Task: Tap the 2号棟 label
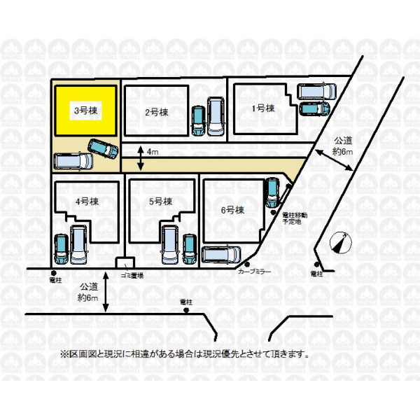tap(156, 112)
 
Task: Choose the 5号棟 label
tap(160, 201)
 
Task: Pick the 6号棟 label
tap(232, 209)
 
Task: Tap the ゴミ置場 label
tap(132, 276)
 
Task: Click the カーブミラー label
tap(254, 270)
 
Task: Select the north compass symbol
tap(339, 242)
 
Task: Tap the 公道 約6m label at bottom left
tap(88, 292)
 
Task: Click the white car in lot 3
tap(73, 161)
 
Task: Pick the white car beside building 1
tap(317, 91)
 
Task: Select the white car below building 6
tap(220, 255)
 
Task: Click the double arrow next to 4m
tap(141, 158)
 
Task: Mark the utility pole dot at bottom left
tap(52, 273)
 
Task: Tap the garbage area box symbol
tap(125, 263)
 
